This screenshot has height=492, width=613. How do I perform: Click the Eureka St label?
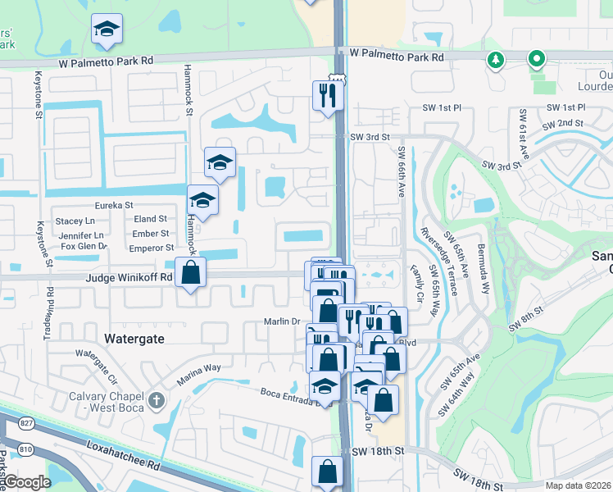pyautogui.click(x=114, y=205)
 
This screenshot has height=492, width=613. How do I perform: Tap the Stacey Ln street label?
pyautogui.click(x=75, y=221)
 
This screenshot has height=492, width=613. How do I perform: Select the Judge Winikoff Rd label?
pyautogui.click(x=129, y=277)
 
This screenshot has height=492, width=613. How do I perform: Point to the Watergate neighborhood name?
pyautogui.click(x=134, y=338)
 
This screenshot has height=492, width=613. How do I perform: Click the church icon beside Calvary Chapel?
pyautogui.click(x=156, y=401)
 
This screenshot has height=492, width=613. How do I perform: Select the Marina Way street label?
pyautogui.click(x=201, y=375)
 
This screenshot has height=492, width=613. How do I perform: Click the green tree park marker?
pyautogui.click(x=495, y=61)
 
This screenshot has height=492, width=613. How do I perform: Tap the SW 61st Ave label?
pyautogui.click(x=520, y=133)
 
